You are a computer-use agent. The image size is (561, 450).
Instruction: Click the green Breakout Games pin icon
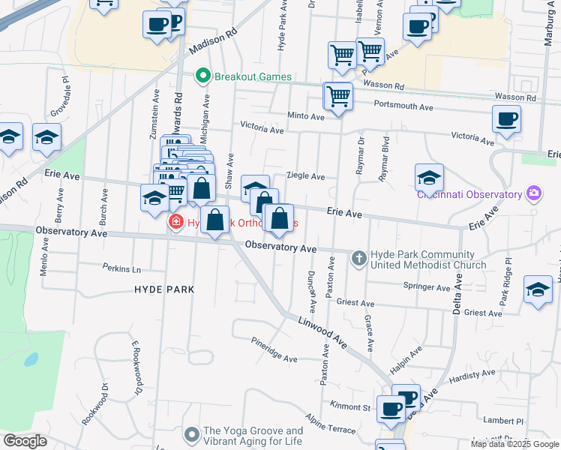(202, 76)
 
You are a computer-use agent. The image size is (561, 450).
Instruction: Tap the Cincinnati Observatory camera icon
(534, 194)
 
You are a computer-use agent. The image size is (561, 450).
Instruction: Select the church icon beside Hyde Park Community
(358, 259)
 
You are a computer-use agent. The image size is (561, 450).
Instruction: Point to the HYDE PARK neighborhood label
(164, 289)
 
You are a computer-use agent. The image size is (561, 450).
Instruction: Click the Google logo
(25, 441)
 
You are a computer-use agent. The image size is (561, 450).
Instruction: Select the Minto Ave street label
(306, 116)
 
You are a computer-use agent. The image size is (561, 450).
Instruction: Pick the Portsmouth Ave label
(403, 106)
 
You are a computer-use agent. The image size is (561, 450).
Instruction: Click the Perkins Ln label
(121, 268)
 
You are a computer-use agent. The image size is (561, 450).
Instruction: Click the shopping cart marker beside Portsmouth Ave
(338, 97)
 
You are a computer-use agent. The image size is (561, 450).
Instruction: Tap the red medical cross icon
(175, 223)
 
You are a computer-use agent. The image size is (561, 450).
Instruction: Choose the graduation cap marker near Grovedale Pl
(46, 138)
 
